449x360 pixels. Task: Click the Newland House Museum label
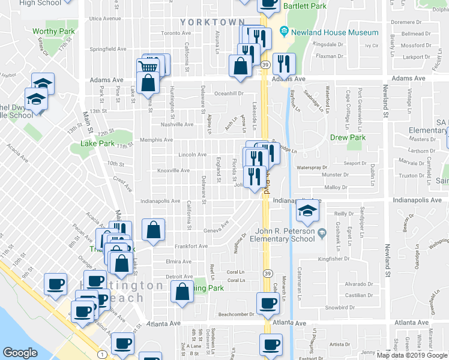(335, 32)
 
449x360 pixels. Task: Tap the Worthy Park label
(53, 31)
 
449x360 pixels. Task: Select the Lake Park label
(98, 144)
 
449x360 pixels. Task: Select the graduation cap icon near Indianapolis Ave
(307, 211)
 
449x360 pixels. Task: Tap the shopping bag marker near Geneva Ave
(154, 230)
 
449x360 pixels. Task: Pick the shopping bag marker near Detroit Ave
(182, 292)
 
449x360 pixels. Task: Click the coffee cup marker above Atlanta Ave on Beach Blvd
(268, 304)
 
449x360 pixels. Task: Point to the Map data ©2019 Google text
(412, 355)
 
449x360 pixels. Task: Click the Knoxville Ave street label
(173, 170)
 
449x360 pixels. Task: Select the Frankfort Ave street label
(191, 246)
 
